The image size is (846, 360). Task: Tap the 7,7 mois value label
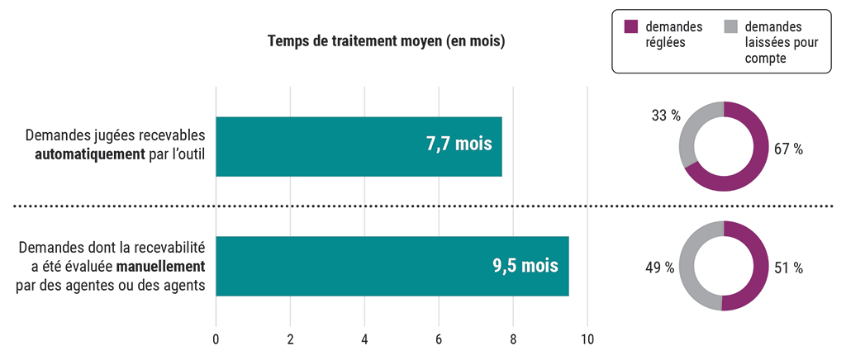pyautogui.click(x=459, y=144)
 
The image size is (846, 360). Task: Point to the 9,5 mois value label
pyautogui.click(x=525, y=266)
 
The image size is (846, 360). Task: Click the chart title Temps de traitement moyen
pyautogui.click(x=386, y=41)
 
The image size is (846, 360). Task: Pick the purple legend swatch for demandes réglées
pyautogui.click(x=631, y=26)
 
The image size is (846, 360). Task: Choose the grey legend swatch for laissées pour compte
pyautogui.click(x=730, y=26)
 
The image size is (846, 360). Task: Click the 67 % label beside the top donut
pyautogui.click(x=789, y=149)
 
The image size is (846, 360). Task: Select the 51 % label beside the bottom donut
pyautogui.click(x=789, y=268)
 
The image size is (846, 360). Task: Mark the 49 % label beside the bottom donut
pyautogui.click(x=659, y=268)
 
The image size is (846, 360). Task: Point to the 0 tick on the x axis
pyautogui.click(x=216, y=339)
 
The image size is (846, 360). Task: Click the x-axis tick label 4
pyautogui.click(x=364, y=339)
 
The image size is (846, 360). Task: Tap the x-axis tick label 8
pyautogui.click(x=513, y=339)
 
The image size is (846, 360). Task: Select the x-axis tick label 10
pyautogui.click(x=587, y=339)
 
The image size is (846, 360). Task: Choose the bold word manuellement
pyautogui.click(x=160, y=266)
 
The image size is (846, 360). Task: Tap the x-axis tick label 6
pyautogui.click(x=439, y=339)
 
